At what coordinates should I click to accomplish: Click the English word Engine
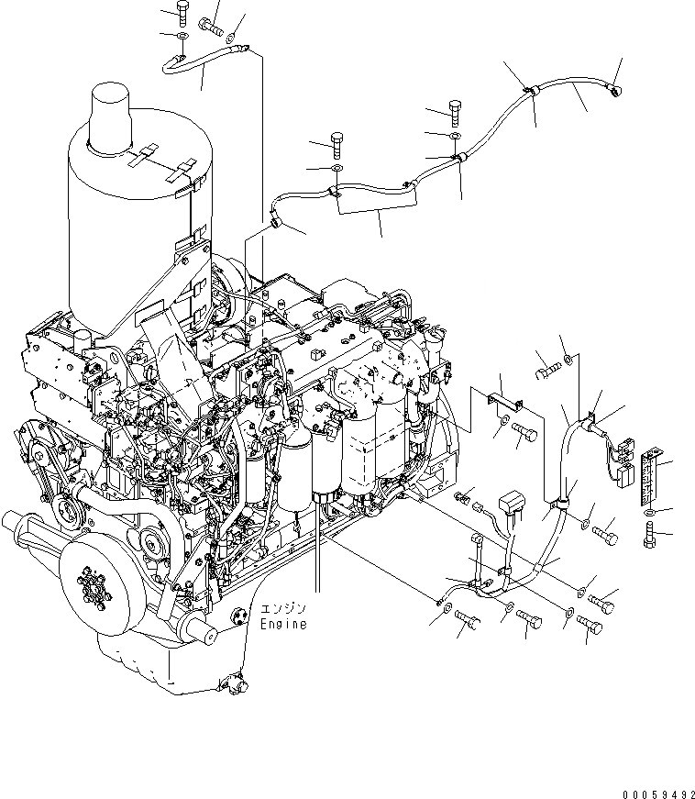pyautogui.click(x=282, y=624)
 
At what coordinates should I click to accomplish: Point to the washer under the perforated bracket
pyautogui.click(x=650, y=510)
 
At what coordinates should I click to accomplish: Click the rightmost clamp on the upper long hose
pyautogui.click(x=530, y=91)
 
